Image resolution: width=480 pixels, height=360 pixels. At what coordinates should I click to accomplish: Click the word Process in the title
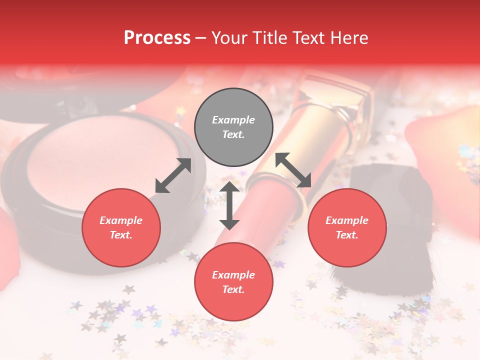(157, 38)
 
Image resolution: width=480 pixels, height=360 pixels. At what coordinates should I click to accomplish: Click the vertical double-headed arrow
(229, 205)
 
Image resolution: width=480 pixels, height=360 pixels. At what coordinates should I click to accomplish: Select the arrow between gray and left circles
(173, 175)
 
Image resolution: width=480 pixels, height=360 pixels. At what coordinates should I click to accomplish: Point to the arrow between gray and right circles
(293, 170)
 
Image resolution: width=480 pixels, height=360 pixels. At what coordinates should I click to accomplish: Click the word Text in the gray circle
(233, 134)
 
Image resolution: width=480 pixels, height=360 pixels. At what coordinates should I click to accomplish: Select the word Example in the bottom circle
(233, 275)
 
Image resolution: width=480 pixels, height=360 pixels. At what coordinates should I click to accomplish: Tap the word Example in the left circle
(121, 220)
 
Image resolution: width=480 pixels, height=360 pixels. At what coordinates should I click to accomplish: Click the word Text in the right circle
(346, 235)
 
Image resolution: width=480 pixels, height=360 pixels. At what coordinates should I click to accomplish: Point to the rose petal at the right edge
(445, 160)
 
